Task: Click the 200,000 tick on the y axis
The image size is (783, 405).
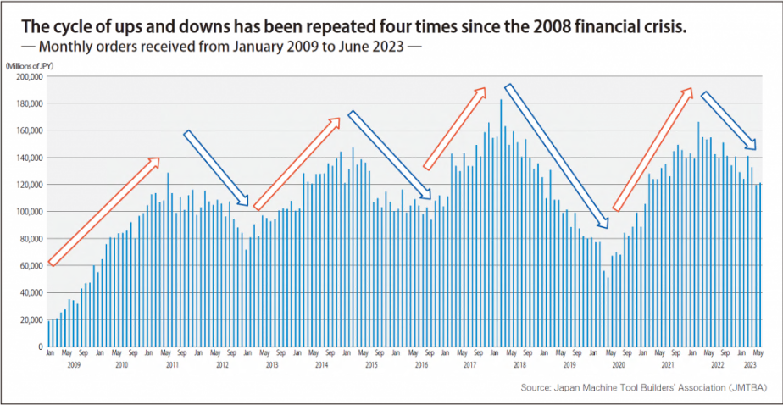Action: (x=29, y=76)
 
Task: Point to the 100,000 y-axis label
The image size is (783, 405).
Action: (x=29, y=212)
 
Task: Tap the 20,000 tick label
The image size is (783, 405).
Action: (x=31, y=320)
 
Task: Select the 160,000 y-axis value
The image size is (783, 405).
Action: (x=29, y=130)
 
